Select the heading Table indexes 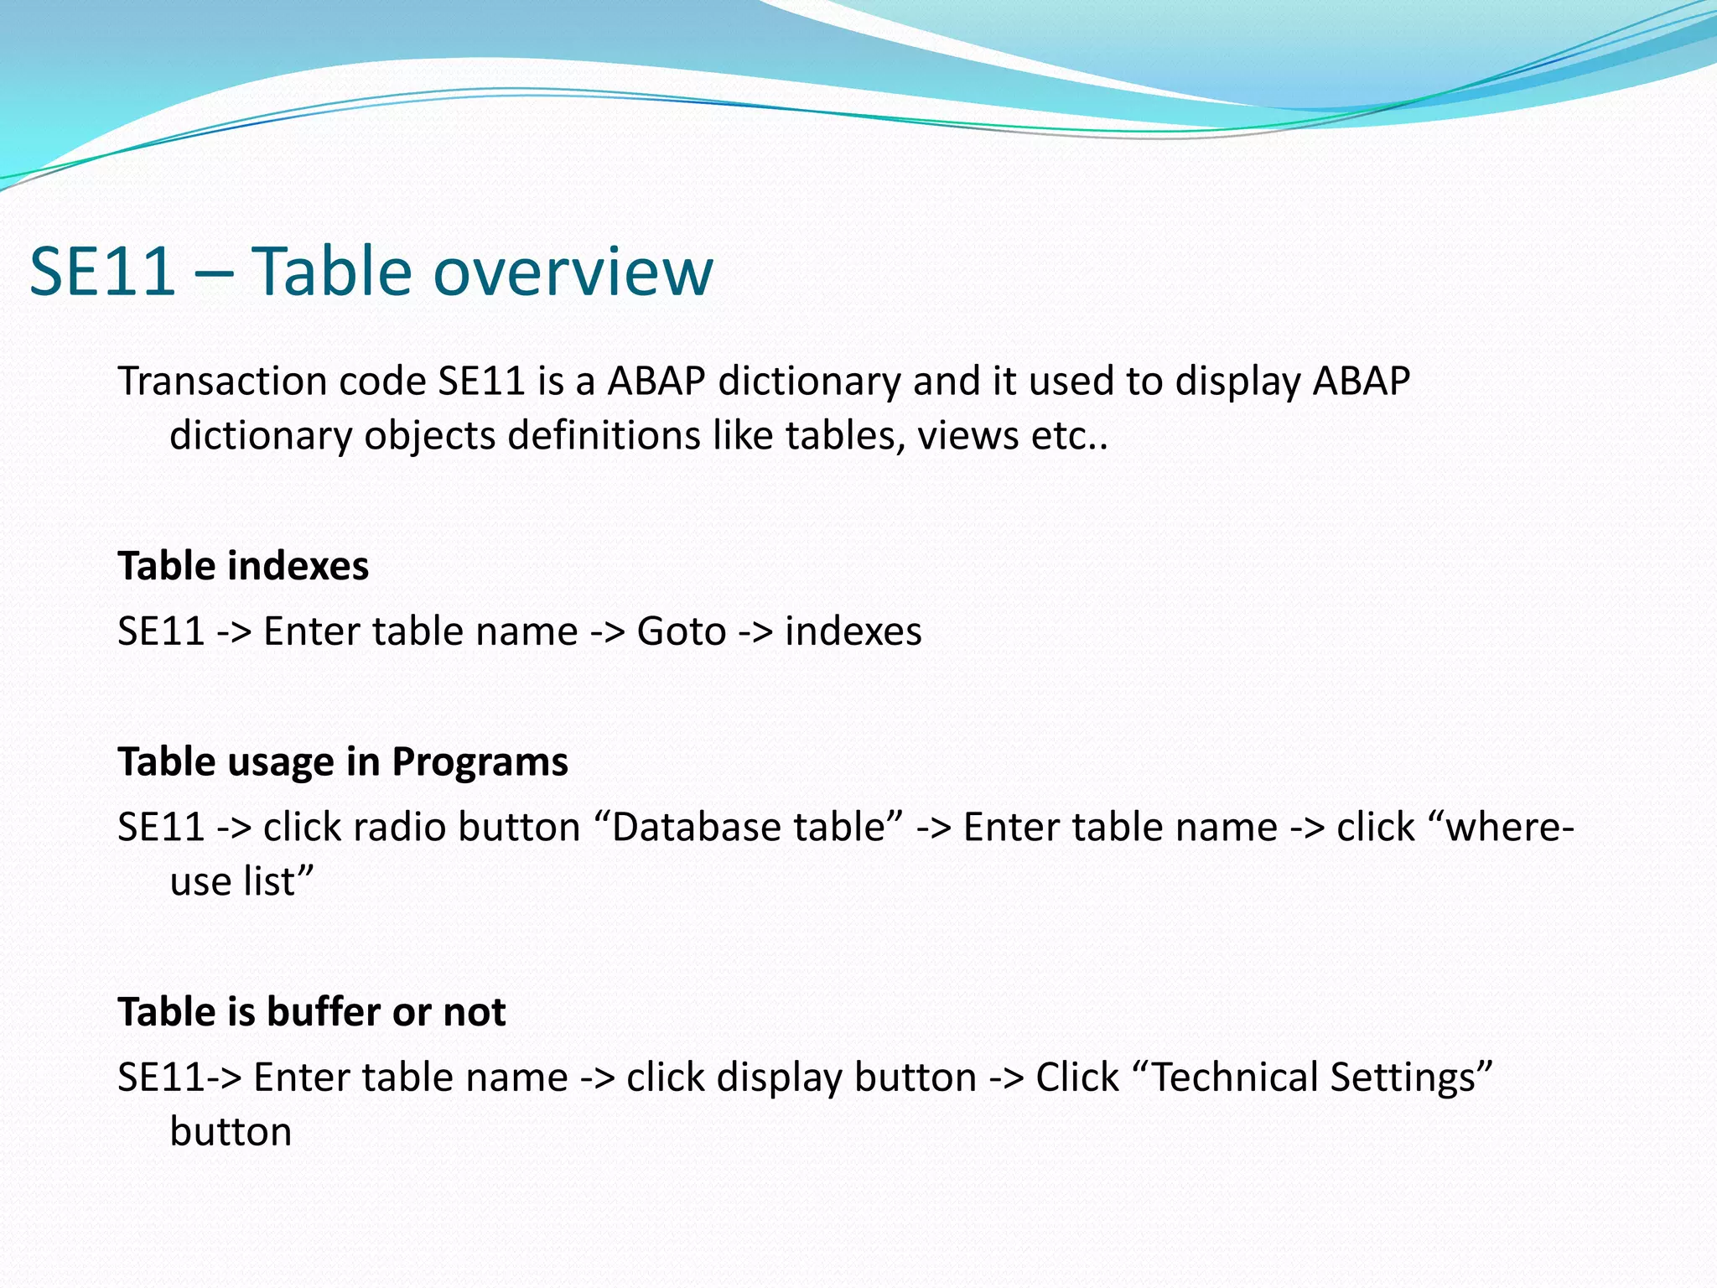243,566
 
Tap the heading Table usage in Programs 343,762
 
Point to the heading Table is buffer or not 311,1012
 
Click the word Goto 681,631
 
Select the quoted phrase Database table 749,828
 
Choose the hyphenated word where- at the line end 1509,828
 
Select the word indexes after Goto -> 853,631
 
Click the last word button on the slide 231,1132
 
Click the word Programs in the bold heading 480,762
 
